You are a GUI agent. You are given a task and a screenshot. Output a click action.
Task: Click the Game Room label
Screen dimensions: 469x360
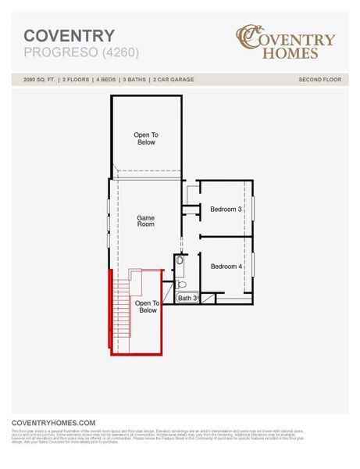click(146, 221)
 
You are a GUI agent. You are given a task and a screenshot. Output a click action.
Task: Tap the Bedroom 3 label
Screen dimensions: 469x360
click(226, 209)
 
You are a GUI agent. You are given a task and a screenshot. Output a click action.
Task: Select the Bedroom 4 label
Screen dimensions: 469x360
click(226, 267)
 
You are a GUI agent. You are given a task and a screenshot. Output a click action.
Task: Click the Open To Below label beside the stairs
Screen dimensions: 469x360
click(148, 306)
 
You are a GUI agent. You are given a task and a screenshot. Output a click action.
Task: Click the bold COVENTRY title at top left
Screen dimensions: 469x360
click(70, 36)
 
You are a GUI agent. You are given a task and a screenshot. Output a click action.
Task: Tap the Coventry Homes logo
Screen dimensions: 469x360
click(286, 44)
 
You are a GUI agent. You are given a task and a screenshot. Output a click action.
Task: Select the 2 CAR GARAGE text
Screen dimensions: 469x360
click(173, 80)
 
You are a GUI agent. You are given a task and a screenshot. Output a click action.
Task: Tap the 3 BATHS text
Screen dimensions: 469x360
click(134, 80)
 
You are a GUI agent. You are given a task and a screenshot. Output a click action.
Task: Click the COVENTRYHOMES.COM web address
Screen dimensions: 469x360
click(53, 421)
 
